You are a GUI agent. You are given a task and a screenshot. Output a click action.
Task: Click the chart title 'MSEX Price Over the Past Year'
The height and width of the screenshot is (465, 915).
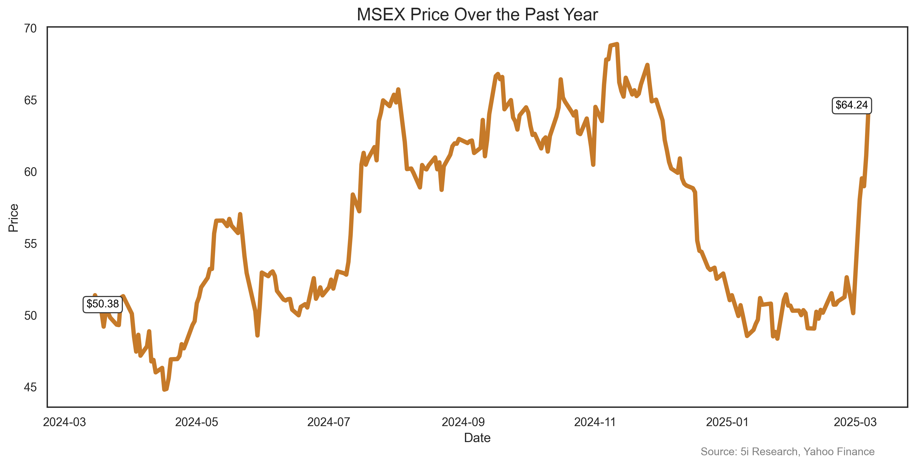point(477,15)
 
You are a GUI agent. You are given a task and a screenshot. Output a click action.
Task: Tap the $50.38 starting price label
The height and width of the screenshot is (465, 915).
point(103,304)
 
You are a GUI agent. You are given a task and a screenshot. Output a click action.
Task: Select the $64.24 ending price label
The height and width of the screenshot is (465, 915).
point(851,105)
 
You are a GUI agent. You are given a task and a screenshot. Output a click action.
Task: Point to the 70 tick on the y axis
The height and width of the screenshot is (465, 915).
point(31,28)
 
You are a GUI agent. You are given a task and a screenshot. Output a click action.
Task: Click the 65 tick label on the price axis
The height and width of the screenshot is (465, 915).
point(31,100)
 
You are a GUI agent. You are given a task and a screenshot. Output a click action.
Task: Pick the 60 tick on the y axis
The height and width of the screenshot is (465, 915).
point(31,172)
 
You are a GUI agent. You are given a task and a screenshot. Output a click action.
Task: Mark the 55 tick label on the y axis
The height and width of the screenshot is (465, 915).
point(31,244)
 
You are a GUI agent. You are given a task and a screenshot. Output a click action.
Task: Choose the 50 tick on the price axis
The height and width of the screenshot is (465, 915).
point(31,316)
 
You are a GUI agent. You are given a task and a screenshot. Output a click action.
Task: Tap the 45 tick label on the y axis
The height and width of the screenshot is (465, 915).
point(31,387)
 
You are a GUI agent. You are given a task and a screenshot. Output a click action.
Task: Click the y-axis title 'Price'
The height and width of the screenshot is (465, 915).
point(13,218)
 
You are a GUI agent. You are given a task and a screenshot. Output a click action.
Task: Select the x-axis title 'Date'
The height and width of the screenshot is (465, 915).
point(477,438)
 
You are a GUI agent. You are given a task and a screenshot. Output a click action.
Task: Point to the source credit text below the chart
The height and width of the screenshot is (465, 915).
point(787,452)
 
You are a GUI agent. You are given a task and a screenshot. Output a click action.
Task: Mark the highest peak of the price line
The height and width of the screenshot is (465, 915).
point(617,44)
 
